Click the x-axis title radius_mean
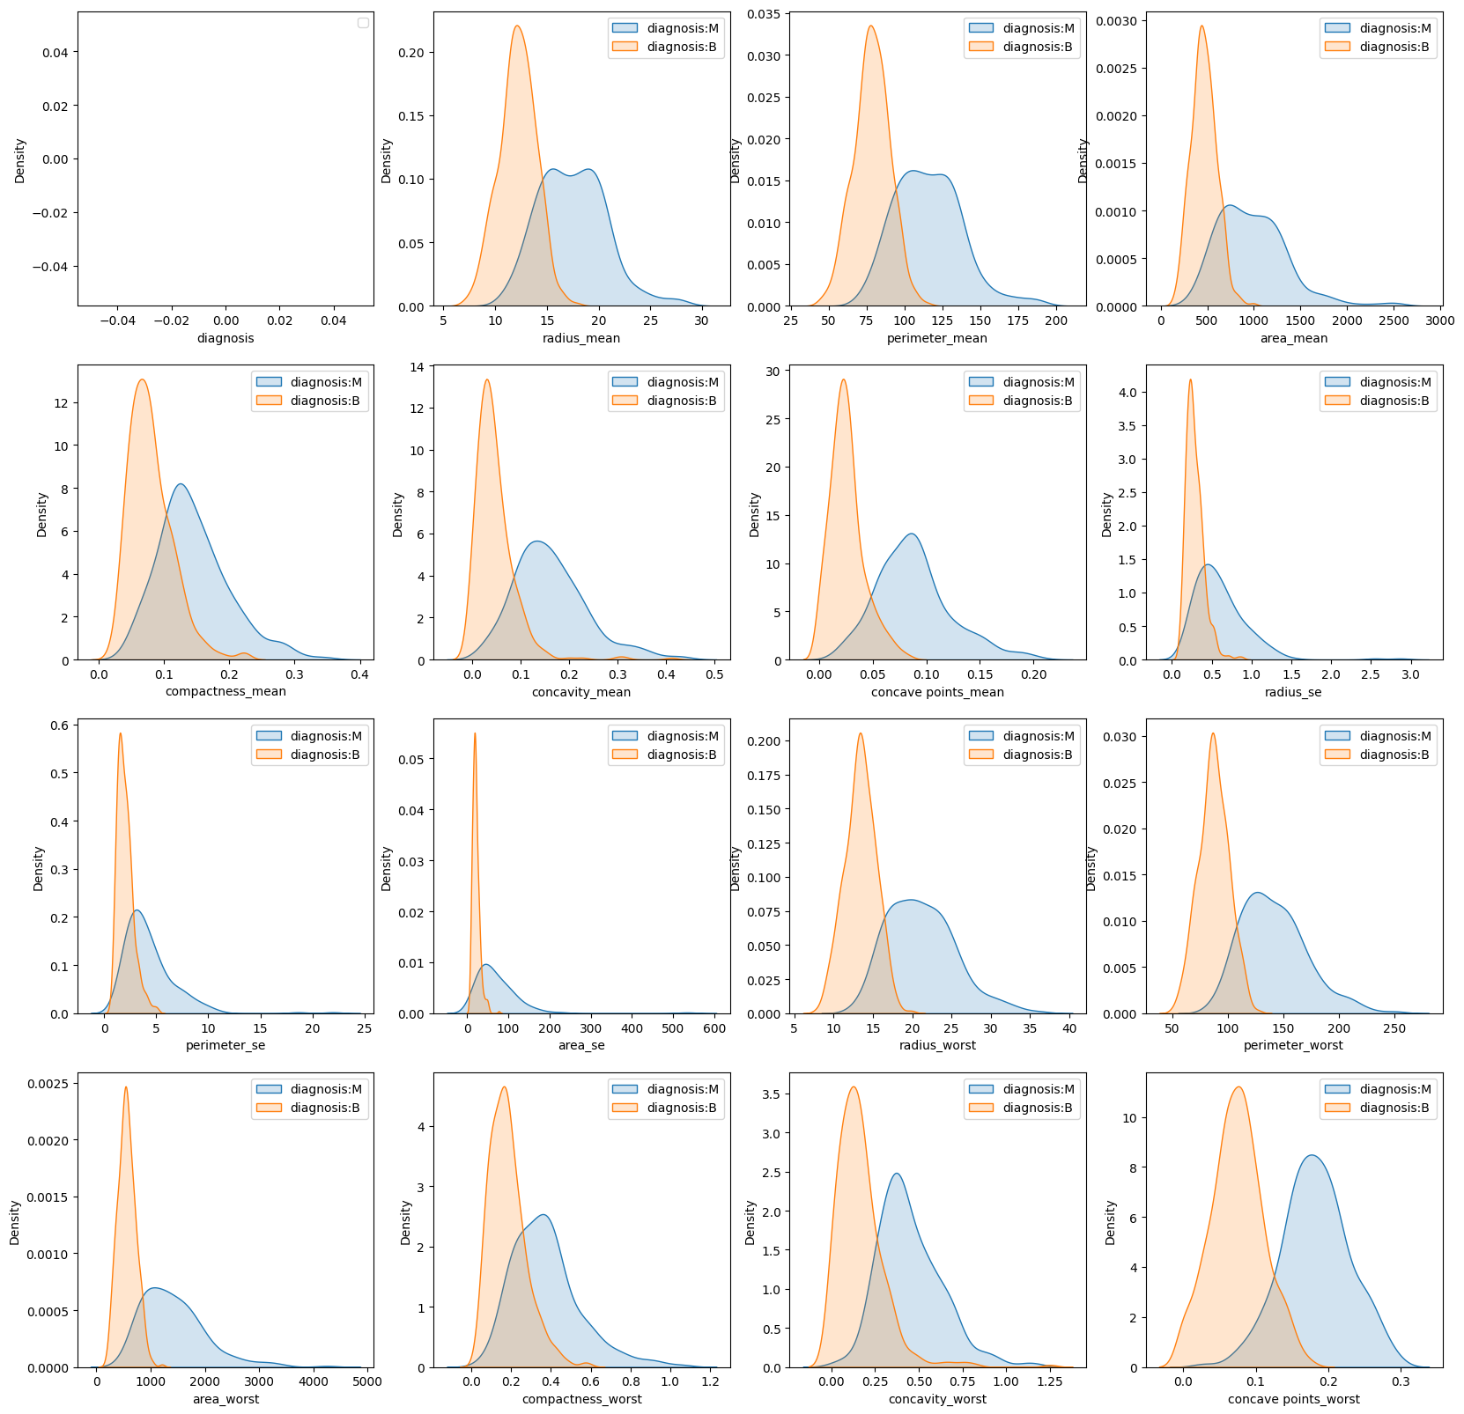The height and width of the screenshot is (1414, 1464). pyautogui.click(x=581, y=338)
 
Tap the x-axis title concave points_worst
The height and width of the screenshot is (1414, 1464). pyautogui.click(x=1293, y=1399)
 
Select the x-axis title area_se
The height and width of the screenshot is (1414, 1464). pyautogui.click(x=581, y=1045)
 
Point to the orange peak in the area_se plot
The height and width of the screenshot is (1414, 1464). pyautogui.click(x=475, y=733)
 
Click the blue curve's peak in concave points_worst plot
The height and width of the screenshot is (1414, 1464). pyautogui.click(x=1312, y=1155)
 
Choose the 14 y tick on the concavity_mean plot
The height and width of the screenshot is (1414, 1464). pyautogui.click(x=418, y=366)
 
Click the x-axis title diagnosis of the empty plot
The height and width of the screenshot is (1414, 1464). pyautogui.click(x=226, y=338)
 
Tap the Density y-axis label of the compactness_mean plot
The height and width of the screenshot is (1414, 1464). pyautogui.click(x=42, y=514)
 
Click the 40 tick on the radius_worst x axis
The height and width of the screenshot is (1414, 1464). pyautogui.click(x=1069, y=1027)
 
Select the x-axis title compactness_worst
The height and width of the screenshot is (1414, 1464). pyautogui.click(x=581, y=1399)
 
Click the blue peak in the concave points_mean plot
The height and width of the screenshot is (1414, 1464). pyautogui.click(x=913, y=534)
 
